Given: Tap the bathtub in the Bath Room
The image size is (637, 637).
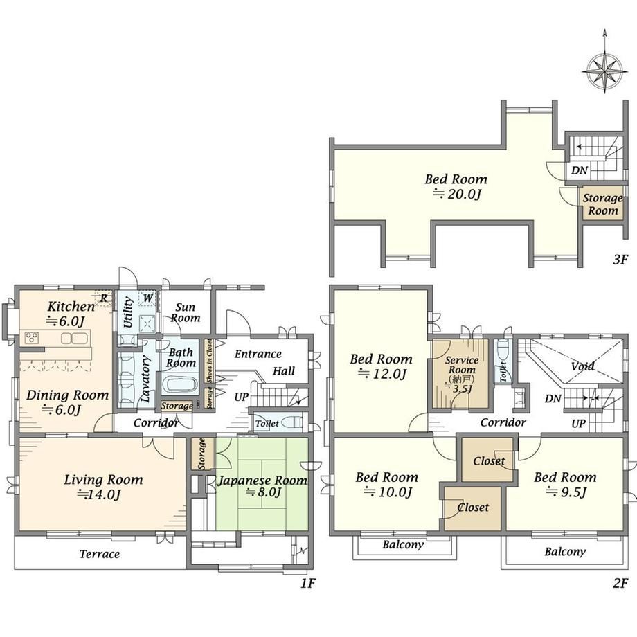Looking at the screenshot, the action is click(179, 384).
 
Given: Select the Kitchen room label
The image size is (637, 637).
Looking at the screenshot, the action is click(71, 306).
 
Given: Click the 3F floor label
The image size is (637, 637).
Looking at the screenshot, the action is click(620, 259).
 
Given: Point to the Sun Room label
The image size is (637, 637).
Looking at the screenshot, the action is click(186, 312).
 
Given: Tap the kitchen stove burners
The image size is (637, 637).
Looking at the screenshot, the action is click(32, 338).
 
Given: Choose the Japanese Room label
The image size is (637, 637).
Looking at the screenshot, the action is click(262, 481).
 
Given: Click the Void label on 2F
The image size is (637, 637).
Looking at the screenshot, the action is click(582, 366).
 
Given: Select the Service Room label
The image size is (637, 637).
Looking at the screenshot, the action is click(462, 365).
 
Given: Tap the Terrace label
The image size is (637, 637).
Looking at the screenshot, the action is click(100, 554).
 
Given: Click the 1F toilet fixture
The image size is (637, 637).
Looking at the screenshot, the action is click(291, 423).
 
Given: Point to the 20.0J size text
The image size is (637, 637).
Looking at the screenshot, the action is click(456, 194).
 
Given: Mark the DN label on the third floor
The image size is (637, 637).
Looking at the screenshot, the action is click(580, 170).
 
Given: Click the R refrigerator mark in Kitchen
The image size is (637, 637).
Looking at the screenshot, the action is click(104, 298).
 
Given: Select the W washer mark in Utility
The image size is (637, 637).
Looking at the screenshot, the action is click(147, 298).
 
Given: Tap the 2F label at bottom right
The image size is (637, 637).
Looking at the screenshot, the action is click(620, 584).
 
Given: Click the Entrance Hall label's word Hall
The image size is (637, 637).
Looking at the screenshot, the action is click(284, 370).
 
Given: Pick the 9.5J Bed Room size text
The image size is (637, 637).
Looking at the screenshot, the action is click(566, 492).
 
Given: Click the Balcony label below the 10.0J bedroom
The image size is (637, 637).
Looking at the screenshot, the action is click(403, 544).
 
